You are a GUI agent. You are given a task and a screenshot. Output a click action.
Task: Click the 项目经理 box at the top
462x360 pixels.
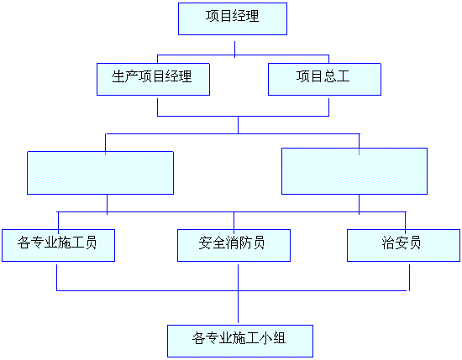pyautogui.click(x=233, y=18)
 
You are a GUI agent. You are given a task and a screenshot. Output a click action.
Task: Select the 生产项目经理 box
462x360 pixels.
pyautogui.click(x=153, y=79)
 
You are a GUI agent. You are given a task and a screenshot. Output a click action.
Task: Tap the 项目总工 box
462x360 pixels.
pyautogui.click(x=324, y=79)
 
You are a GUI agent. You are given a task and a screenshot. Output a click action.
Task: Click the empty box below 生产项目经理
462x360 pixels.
pyautogui.click(x=100, y=173)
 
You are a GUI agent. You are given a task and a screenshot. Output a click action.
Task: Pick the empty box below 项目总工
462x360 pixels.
pyautogui.click(x=354, y=171)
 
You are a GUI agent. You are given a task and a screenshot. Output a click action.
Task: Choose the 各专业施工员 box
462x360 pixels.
pyautogui.click(x=58, y=245)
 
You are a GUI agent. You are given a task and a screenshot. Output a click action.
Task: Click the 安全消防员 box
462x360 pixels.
pyautogui.click(x=234, y=245)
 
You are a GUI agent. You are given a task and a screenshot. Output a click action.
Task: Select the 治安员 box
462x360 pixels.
pyautogui.click(x=403, y=245)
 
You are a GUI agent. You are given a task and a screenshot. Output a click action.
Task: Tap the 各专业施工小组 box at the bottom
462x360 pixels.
pyautogui.click(x=240, y=341)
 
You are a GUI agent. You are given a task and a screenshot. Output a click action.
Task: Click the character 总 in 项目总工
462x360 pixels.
pyautogui.click(x=330, y=76)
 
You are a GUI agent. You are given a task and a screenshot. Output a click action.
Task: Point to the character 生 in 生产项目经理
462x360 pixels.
pyautogui.click(x=118, y=76)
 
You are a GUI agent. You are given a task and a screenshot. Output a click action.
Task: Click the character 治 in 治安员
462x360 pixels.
pyautogui.click(x=388, y=243)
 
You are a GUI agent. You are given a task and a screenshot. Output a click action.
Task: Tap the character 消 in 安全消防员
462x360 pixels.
pyautogui.click(x=232, y=243)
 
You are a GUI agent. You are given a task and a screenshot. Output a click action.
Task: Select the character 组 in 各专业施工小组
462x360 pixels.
pyautogui.click(x=280, y=338)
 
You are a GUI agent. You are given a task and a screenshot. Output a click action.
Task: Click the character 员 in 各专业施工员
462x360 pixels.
pyautogui.click(x=91, y=243)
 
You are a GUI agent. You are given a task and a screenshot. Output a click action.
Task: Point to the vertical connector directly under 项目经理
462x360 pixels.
pyautogui.click(x=235, y=50)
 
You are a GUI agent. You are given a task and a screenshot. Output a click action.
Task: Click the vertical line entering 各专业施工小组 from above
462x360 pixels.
pyautogui.click(x=238, y=307)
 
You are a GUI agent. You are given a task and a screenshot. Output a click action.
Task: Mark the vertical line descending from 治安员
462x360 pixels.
pyautogui.click(x=409, y=278)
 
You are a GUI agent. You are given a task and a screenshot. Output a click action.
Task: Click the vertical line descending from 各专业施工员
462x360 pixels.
pyautogui.click(x=56, y=278)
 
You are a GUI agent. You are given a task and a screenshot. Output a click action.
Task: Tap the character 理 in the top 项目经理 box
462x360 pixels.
pyautogui.click(x=253, y=16)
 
